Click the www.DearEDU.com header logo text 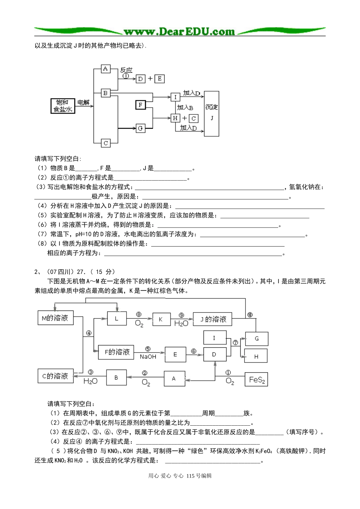pos(179,31)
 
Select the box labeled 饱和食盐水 pos(63,106)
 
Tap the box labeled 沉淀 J pos(211,113)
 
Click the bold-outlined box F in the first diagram pos(141,105)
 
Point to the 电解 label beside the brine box pos(83,102)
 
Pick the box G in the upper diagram pos(140,128)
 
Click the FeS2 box pos(257,379)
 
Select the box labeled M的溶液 pos(55,318)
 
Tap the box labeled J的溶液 pos(213,319)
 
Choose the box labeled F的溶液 pos(117,352)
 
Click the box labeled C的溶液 pos(55,376)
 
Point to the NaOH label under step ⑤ pos(148,357)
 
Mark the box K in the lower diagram pos(161,319)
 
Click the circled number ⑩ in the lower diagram pos(250,315)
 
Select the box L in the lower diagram pos(116,319)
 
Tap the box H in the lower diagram pos(256,356)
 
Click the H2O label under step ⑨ pos(181,323)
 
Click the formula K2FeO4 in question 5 pos(264,451)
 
